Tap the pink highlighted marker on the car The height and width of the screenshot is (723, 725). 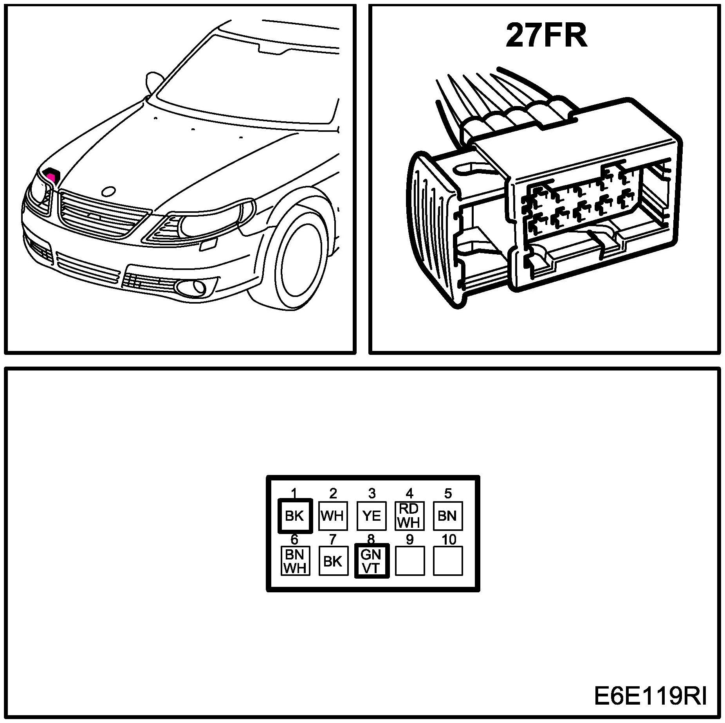click(x=51, y=174)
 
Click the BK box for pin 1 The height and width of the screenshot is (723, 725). click(x=295, y=516)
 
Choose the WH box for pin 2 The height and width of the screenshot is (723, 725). click(x=332, y=516)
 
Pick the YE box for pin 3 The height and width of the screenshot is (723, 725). click(x=371, y=516)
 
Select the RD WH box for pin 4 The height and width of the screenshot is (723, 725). click(x=409, y=516)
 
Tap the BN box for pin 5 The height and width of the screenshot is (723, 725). click(x=447, y=516)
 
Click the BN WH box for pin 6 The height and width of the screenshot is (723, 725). click(x=295, y=561)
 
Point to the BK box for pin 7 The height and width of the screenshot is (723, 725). click(x=333, y=561)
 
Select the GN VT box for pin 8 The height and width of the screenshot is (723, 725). click(x=371, y=561)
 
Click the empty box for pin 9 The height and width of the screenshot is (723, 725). click(x=409, y=561)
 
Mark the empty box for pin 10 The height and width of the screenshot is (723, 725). click(x=447, y=561)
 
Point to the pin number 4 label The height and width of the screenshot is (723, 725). click(x=409, y=494)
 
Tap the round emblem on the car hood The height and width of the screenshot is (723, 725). click(x=108, y=191)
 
